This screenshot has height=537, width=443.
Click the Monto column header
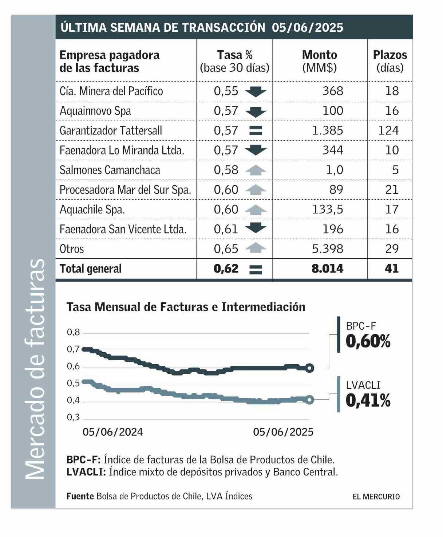point(319,61)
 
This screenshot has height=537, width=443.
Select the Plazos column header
point(390,61)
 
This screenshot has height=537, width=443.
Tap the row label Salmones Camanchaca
point(110,170)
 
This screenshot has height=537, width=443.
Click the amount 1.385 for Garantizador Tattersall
point(327,130)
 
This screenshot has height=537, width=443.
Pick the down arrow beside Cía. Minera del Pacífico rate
point(256,91)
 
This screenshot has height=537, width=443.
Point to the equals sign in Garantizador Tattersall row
point(256,130)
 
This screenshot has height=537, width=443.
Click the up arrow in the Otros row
point(256,248)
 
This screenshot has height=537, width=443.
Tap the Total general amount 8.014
point(327,268)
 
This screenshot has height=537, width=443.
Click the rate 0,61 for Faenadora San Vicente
point(226,229)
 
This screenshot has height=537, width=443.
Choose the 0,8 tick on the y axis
point(73,332)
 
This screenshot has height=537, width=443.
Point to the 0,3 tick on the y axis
point(73,417)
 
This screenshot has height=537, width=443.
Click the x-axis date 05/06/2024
point(112,432)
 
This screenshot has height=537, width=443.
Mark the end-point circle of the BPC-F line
point(309,368)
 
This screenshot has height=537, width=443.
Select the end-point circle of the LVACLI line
point(309,400)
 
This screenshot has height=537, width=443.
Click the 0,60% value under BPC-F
point(368,342)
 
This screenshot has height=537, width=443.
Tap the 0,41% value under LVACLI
point(368,401)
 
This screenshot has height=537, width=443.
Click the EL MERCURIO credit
point(376,497)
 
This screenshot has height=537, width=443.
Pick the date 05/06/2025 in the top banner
point(307,27)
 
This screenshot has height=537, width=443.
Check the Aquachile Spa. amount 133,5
point(327,209)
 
